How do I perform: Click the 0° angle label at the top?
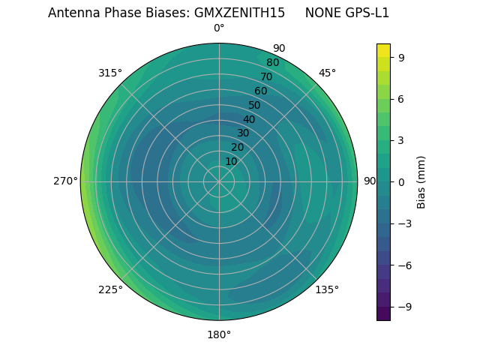point(219,28)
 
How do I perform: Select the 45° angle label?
point(327,73)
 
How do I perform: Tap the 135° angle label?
point(327,289)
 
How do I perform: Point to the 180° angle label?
point(219,334)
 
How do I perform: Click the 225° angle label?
point(110,289)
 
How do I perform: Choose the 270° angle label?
point(66,181)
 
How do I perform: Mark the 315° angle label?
point(110,73)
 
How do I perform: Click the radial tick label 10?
point(231,161)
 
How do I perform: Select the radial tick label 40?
point(249,119)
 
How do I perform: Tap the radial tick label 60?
point(260,91)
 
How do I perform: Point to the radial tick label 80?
point(272,63)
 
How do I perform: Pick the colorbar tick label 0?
point(402,181)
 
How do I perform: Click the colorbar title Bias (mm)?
point(421,181)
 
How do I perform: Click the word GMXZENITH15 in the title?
point(233,13)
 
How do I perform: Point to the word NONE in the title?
point(321,13)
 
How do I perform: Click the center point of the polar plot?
point(219,181)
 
